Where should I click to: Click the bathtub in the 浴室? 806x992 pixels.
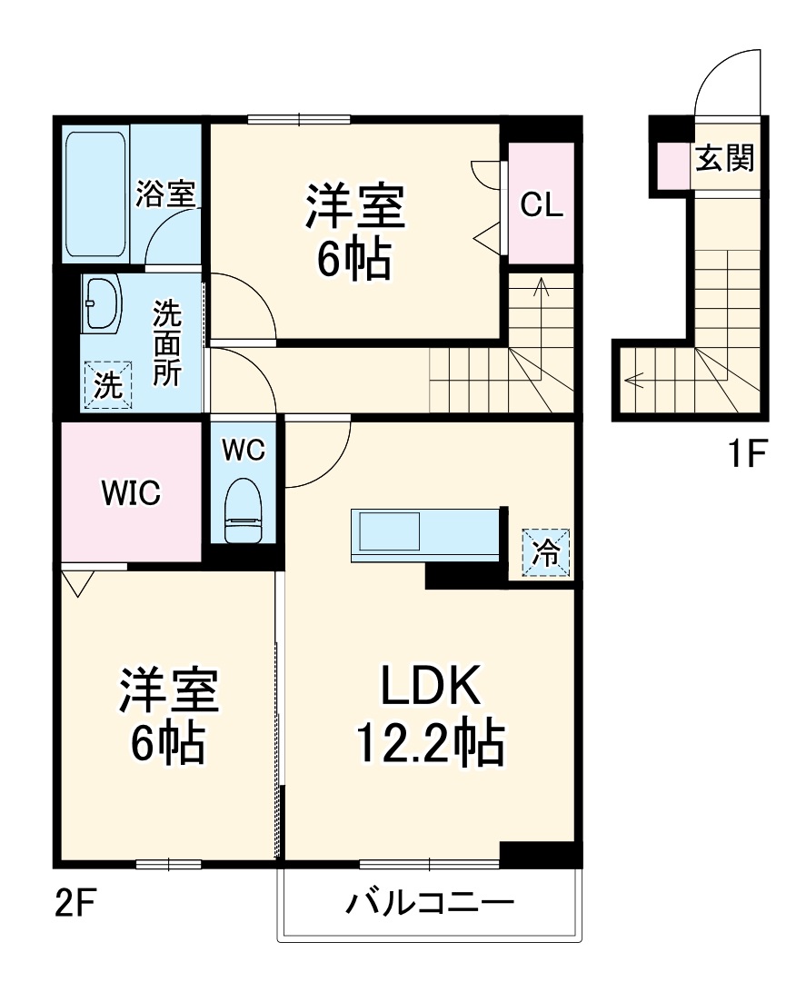(95, 193)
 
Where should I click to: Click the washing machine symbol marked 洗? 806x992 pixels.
(108, 386)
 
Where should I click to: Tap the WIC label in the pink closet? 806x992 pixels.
(130, 493)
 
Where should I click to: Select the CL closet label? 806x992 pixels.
(541, 206)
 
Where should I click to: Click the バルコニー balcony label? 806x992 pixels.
(430, 904)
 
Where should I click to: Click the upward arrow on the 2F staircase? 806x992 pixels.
(542, 289)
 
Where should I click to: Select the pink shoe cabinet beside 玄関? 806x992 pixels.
(673, 164)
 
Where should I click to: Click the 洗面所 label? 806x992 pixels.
(166, 342)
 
